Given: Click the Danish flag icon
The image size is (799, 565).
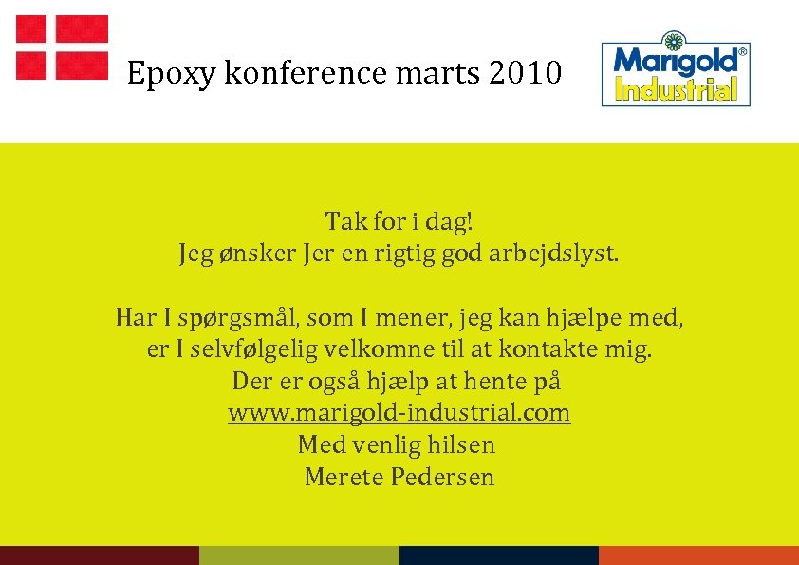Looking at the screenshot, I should [62, 47].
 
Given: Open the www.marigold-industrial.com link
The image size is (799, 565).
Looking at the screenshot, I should [399, 413].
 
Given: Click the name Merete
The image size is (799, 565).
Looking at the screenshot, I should [344, 477].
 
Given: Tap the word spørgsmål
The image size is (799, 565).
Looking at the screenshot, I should [239, 317].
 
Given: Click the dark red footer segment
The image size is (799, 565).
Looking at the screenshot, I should [100, 556].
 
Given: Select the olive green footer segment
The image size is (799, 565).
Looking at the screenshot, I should [299, 556].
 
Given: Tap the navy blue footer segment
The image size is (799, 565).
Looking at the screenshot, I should [499, 556].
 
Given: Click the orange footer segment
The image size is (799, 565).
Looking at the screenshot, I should [698, 556].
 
